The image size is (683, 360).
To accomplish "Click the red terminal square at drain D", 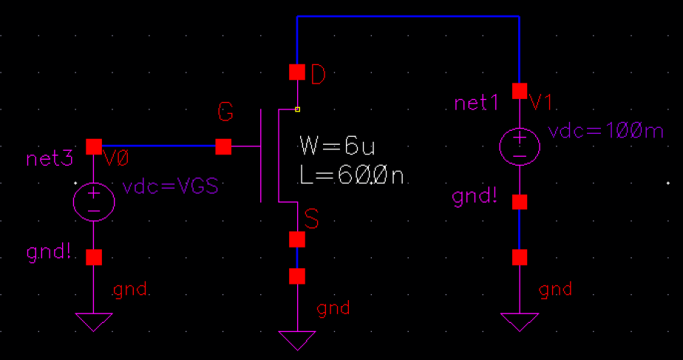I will (296, 72).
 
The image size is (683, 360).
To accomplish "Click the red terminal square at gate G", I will (223, 147).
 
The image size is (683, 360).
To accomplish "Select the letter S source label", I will (312, 220).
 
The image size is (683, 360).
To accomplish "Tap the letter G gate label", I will (226, 113).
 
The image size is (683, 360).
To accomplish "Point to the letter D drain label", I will (317, 74).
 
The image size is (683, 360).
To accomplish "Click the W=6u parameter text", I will (332, 143).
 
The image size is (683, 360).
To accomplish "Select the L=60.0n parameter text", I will (351, 175).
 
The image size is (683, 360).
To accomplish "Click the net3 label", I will (50, 158).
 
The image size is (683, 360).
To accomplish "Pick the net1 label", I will (477, 103).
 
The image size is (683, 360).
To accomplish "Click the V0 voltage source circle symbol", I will (94, 200).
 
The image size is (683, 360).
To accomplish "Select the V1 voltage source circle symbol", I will (520, 144).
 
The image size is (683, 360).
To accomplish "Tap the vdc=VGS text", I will (171, 187).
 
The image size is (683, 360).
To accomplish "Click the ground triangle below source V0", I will (94, 322).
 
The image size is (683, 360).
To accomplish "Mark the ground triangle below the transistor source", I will (297, 339).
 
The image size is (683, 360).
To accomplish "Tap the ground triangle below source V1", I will (520, 322).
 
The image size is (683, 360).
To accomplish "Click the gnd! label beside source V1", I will (475, 197).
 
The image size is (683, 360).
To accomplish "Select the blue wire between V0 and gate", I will (159, 146).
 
